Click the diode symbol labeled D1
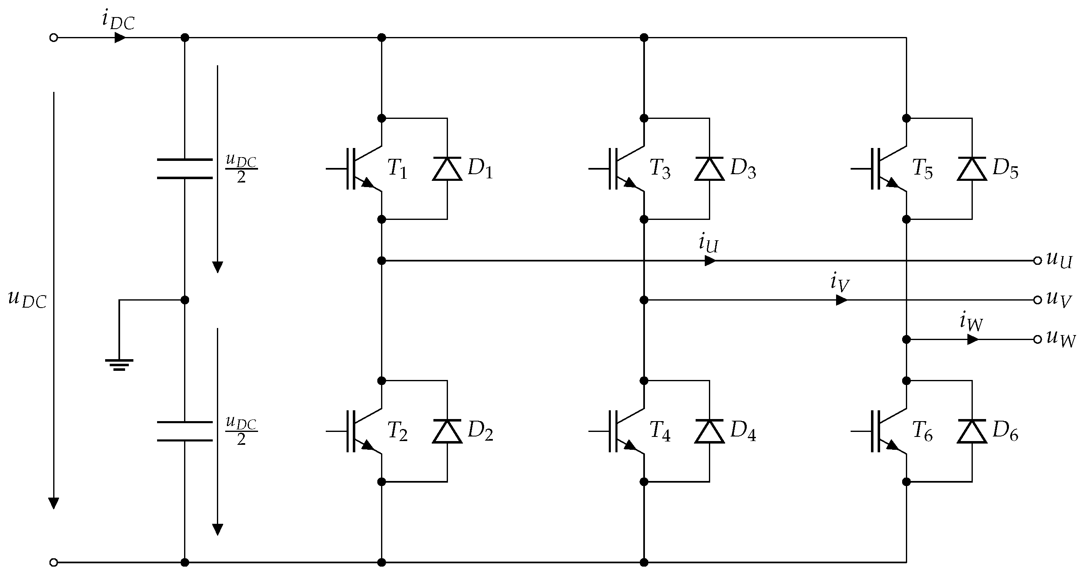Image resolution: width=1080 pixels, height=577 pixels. [x=447, y=169]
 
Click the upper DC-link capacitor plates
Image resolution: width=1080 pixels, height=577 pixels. [x=185, y=169]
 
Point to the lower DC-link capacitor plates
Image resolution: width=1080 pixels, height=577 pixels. [x=185, y=431]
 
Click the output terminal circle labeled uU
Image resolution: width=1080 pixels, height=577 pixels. [x=1037, y=261]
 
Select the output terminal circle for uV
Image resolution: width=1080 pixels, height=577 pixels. [x=1037, y=300]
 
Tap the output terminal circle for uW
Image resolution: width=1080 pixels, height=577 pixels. [x=1037, y=339]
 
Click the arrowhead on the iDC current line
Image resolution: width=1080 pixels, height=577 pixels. [x=120, y=38]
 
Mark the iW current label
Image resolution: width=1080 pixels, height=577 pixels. [x=971, y=322]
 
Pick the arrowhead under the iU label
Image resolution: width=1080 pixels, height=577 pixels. [x=710, y=261]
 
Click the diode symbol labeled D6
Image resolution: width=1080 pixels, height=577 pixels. [x=972, y=431]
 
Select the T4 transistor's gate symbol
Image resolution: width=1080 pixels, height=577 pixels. [x=613, y=431]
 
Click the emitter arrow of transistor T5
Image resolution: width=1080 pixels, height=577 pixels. [x=891, y=184]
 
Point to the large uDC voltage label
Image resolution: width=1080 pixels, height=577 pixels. [x=27, y=299]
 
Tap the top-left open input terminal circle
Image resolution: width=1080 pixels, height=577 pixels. [x=54, y=38]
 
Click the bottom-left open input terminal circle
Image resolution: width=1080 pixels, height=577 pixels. [x=54, y=562]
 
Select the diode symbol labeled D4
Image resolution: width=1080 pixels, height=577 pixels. [x=709, y=431]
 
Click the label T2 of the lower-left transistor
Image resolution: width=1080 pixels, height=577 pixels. [x=397, y=431]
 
